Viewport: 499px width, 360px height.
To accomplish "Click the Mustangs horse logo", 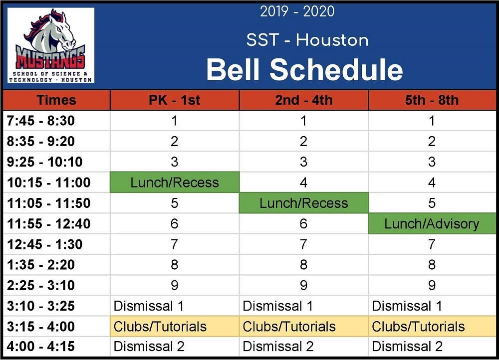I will (x=50, y=45).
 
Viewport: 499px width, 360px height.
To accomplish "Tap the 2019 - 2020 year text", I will (x=297, y=11).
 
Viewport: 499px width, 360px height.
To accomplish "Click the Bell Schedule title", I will (x=304, y=69).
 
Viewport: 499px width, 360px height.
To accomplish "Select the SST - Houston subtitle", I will (x=307, y=40).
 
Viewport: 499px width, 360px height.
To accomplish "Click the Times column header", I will (x=56, y=100).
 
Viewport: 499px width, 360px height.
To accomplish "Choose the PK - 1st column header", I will (x=174, y=100).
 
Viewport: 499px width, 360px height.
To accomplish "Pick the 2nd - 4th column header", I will (x=303, y=100).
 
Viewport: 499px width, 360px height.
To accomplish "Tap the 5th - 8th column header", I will (x=432, y=100).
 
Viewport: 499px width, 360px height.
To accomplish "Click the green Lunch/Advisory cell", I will (x=432, y=224).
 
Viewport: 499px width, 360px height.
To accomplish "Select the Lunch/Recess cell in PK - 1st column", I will (x=174, y=182).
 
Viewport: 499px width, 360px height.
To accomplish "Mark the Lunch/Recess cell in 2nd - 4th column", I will (x=303, y=203).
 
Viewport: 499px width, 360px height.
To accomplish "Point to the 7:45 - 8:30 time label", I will (x=41, y=121).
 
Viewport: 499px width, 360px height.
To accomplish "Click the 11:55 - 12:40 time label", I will (x=48, y=224).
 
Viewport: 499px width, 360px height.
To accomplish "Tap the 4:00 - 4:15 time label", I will (x=41, y=347).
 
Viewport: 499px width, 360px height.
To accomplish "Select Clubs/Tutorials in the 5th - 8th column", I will (x=418, y=327).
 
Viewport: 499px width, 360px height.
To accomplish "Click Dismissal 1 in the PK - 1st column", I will (x=149, y=306).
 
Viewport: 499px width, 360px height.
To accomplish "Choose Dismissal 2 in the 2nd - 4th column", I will (x=278, y=347).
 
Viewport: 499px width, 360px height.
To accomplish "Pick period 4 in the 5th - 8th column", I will (x=432, y=182).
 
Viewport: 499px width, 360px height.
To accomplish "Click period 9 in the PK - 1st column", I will (x=174, y=285).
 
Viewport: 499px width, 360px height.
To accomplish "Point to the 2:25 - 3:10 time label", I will (x=41, y=285).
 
